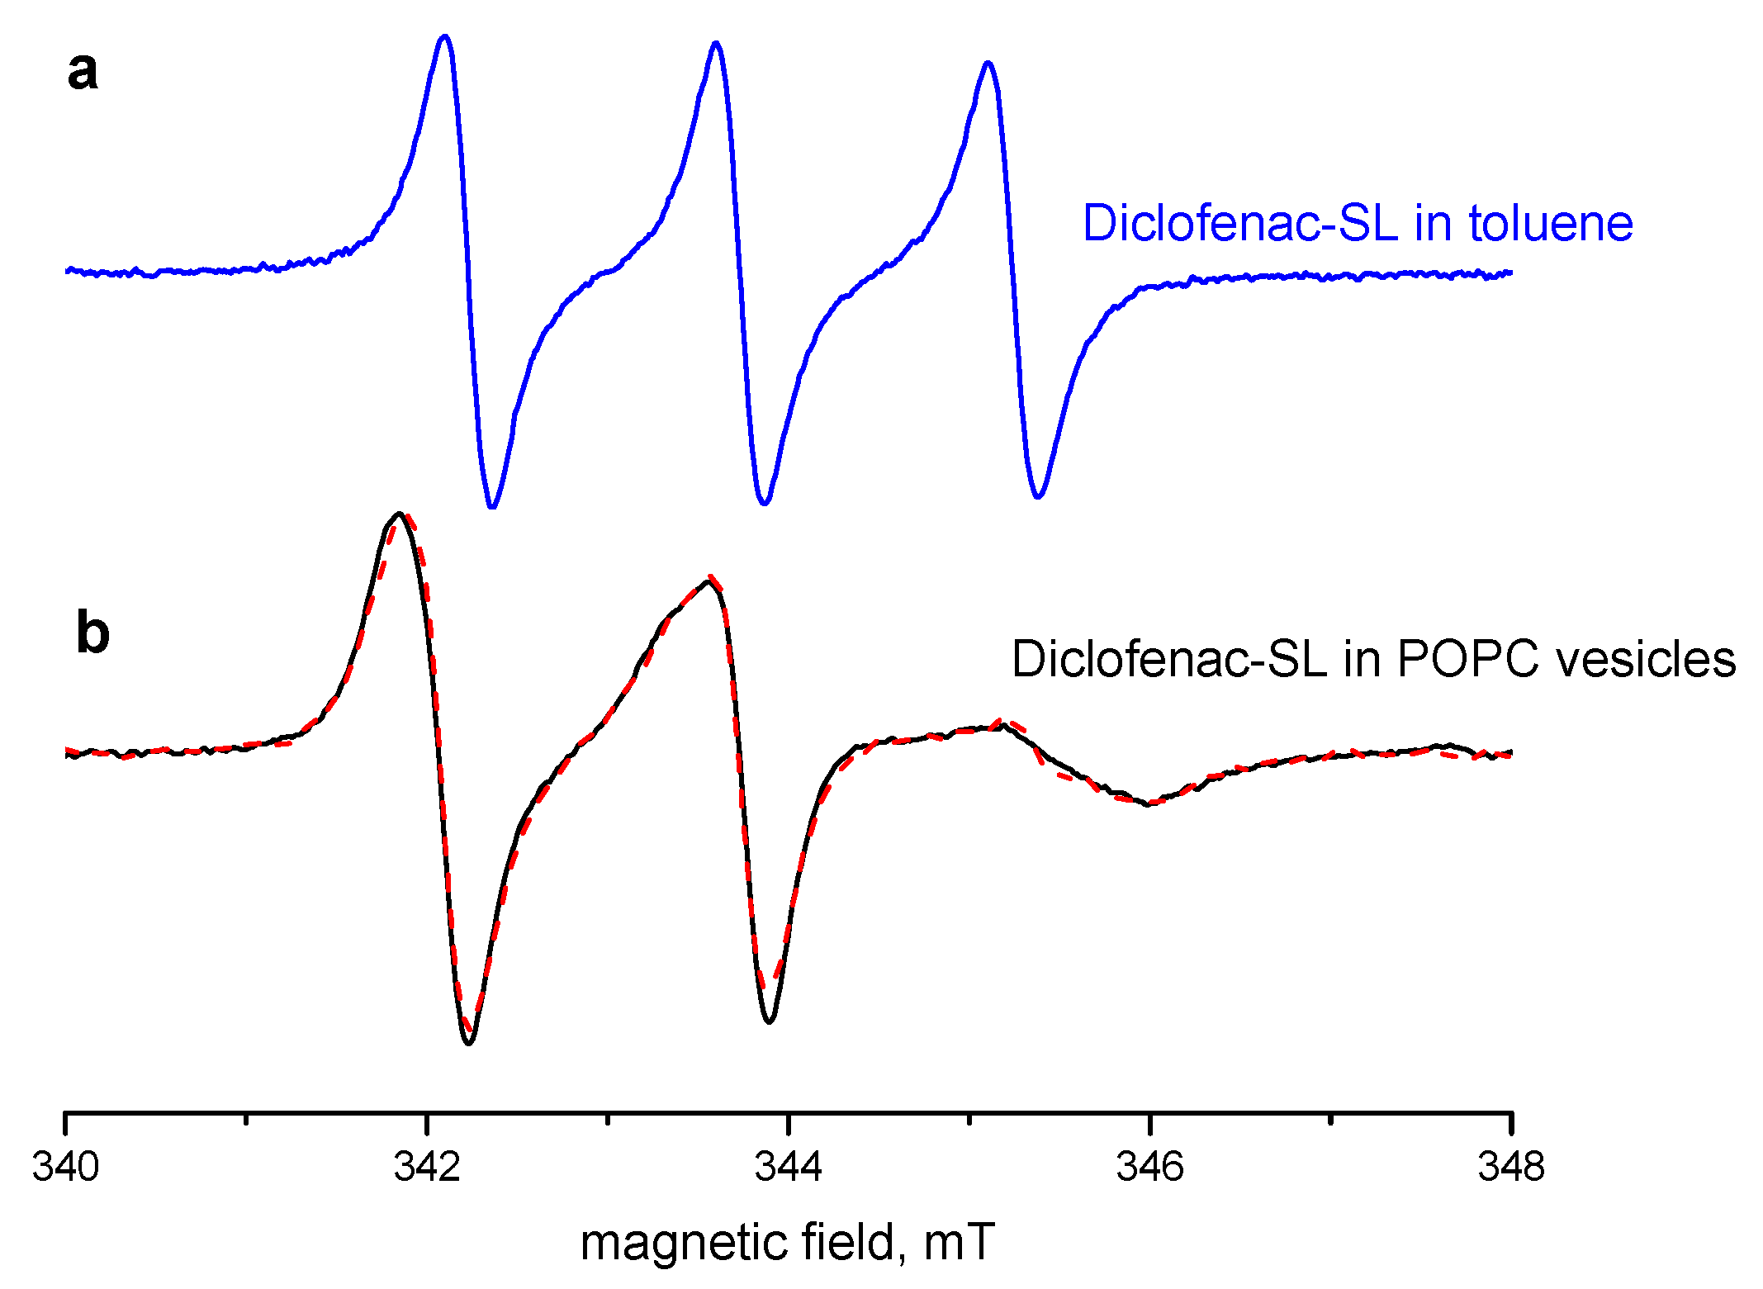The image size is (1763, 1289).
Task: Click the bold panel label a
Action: (x=83, y=72)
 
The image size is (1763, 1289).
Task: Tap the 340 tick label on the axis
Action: (x=66, y=1167)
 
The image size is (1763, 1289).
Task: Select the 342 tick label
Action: (x=427, y=1167)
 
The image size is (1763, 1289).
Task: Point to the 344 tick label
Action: (x=789, y=1167)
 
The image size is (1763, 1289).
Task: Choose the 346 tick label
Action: (x=1149, y=1167)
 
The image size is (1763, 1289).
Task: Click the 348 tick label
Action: (x=1511, y=1167)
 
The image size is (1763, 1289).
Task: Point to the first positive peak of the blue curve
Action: (x=445, y=37)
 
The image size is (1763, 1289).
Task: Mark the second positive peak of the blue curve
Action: (x=716, y=44)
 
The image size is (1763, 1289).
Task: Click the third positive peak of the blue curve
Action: (x=988, y=64)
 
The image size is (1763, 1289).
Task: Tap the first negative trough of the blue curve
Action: (x=492, y=506)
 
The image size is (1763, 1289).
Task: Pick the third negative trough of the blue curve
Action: (x=1039, y=496)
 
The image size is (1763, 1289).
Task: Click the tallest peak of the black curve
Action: (x=399, y=514)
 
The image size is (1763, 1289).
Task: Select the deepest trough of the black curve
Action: (x=469, y=1043)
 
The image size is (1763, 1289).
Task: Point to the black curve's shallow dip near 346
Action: (x=1147, y=803)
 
